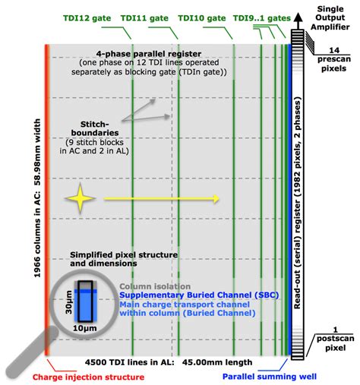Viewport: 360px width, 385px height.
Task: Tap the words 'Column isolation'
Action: pos(152,289)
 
